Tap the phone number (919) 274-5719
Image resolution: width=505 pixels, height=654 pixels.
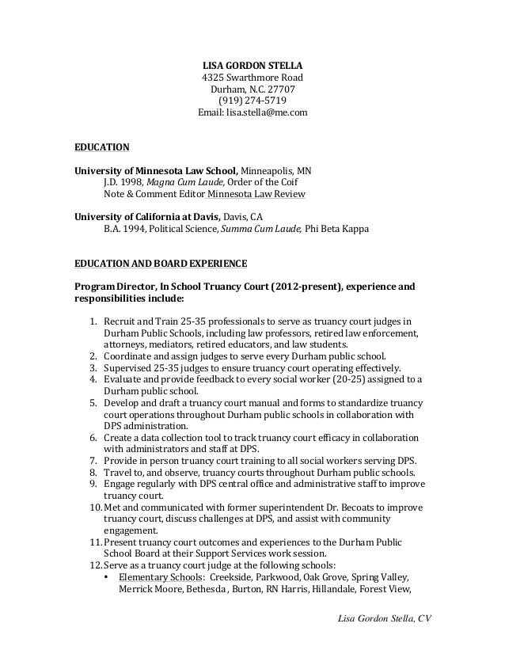[252, 101]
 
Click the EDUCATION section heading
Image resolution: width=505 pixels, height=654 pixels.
[101, 146]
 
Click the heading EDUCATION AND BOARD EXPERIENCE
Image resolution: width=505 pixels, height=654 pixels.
[160, 263]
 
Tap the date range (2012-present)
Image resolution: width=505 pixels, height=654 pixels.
[302, 286]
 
